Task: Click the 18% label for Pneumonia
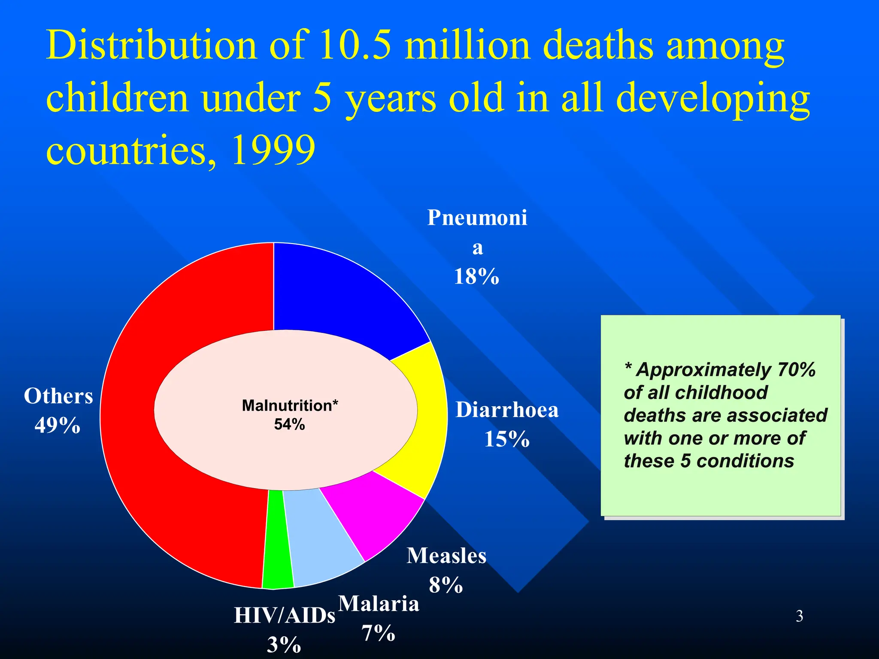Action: point(476,276)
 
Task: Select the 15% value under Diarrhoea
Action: point(507,439)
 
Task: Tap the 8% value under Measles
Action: point(446,585)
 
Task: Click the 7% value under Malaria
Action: point(378,633)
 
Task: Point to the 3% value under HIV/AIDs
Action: point(284,645)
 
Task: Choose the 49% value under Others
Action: point(58,425)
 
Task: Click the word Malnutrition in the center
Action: point(287,405)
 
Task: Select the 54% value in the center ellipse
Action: point(289,424)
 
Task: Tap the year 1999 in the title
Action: point(273,150)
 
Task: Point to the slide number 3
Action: point(799,616)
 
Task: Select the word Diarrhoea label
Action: point(507,410)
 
